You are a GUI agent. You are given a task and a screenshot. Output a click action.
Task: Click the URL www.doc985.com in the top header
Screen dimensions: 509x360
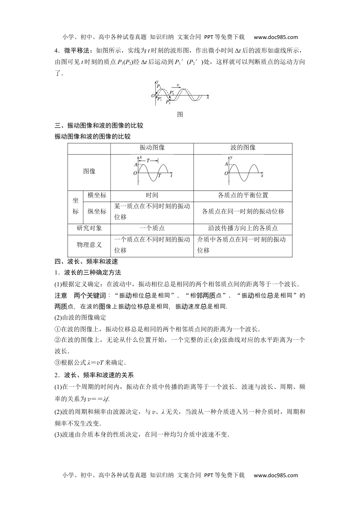(x=275, y=37)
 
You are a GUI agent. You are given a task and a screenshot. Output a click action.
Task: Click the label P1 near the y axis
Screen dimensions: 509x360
(x=159, y=87)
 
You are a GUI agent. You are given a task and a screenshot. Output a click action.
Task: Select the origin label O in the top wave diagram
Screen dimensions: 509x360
(x=153, y=96)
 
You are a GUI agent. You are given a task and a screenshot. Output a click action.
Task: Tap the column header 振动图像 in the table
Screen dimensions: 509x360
(x=152, y=148)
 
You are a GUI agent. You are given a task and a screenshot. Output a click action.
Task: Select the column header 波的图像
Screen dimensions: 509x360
(x=243, y=148)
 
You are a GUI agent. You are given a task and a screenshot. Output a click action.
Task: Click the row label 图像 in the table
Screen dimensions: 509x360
(x=89, y=172)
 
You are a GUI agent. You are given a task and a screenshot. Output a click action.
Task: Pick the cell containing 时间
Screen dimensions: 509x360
(x=152, y=195)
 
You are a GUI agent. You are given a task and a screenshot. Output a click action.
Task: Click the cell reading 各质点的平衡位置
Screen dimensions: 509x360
(x=243, y=195)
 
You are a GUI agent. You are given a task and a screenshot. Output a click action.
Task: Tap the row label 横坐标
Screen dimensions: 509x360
(x=97, y=195)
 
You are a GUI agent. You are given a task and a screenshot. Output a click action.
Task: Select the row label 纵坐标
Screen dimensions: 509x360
(x=97, y=212)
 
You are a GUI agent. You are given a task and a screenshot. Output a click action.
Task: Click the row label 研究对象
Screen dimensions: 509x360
(x=89, y=228)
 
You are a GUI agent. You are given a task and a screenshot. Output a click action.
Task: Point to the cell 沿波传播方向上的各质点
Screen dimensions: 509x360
(x=243, y=228)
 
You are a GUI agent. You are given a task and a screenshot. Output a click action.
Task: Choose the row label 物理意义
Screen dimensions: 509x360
(x=89, y=245)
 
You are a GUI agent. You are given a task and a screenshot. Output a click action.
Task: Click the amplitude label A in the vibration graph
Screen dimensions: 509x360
(x=136, y=164)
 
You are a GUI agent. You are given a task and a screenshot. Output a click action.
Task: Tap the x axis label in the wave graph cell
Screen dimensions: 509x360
(x=262, y=176)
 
